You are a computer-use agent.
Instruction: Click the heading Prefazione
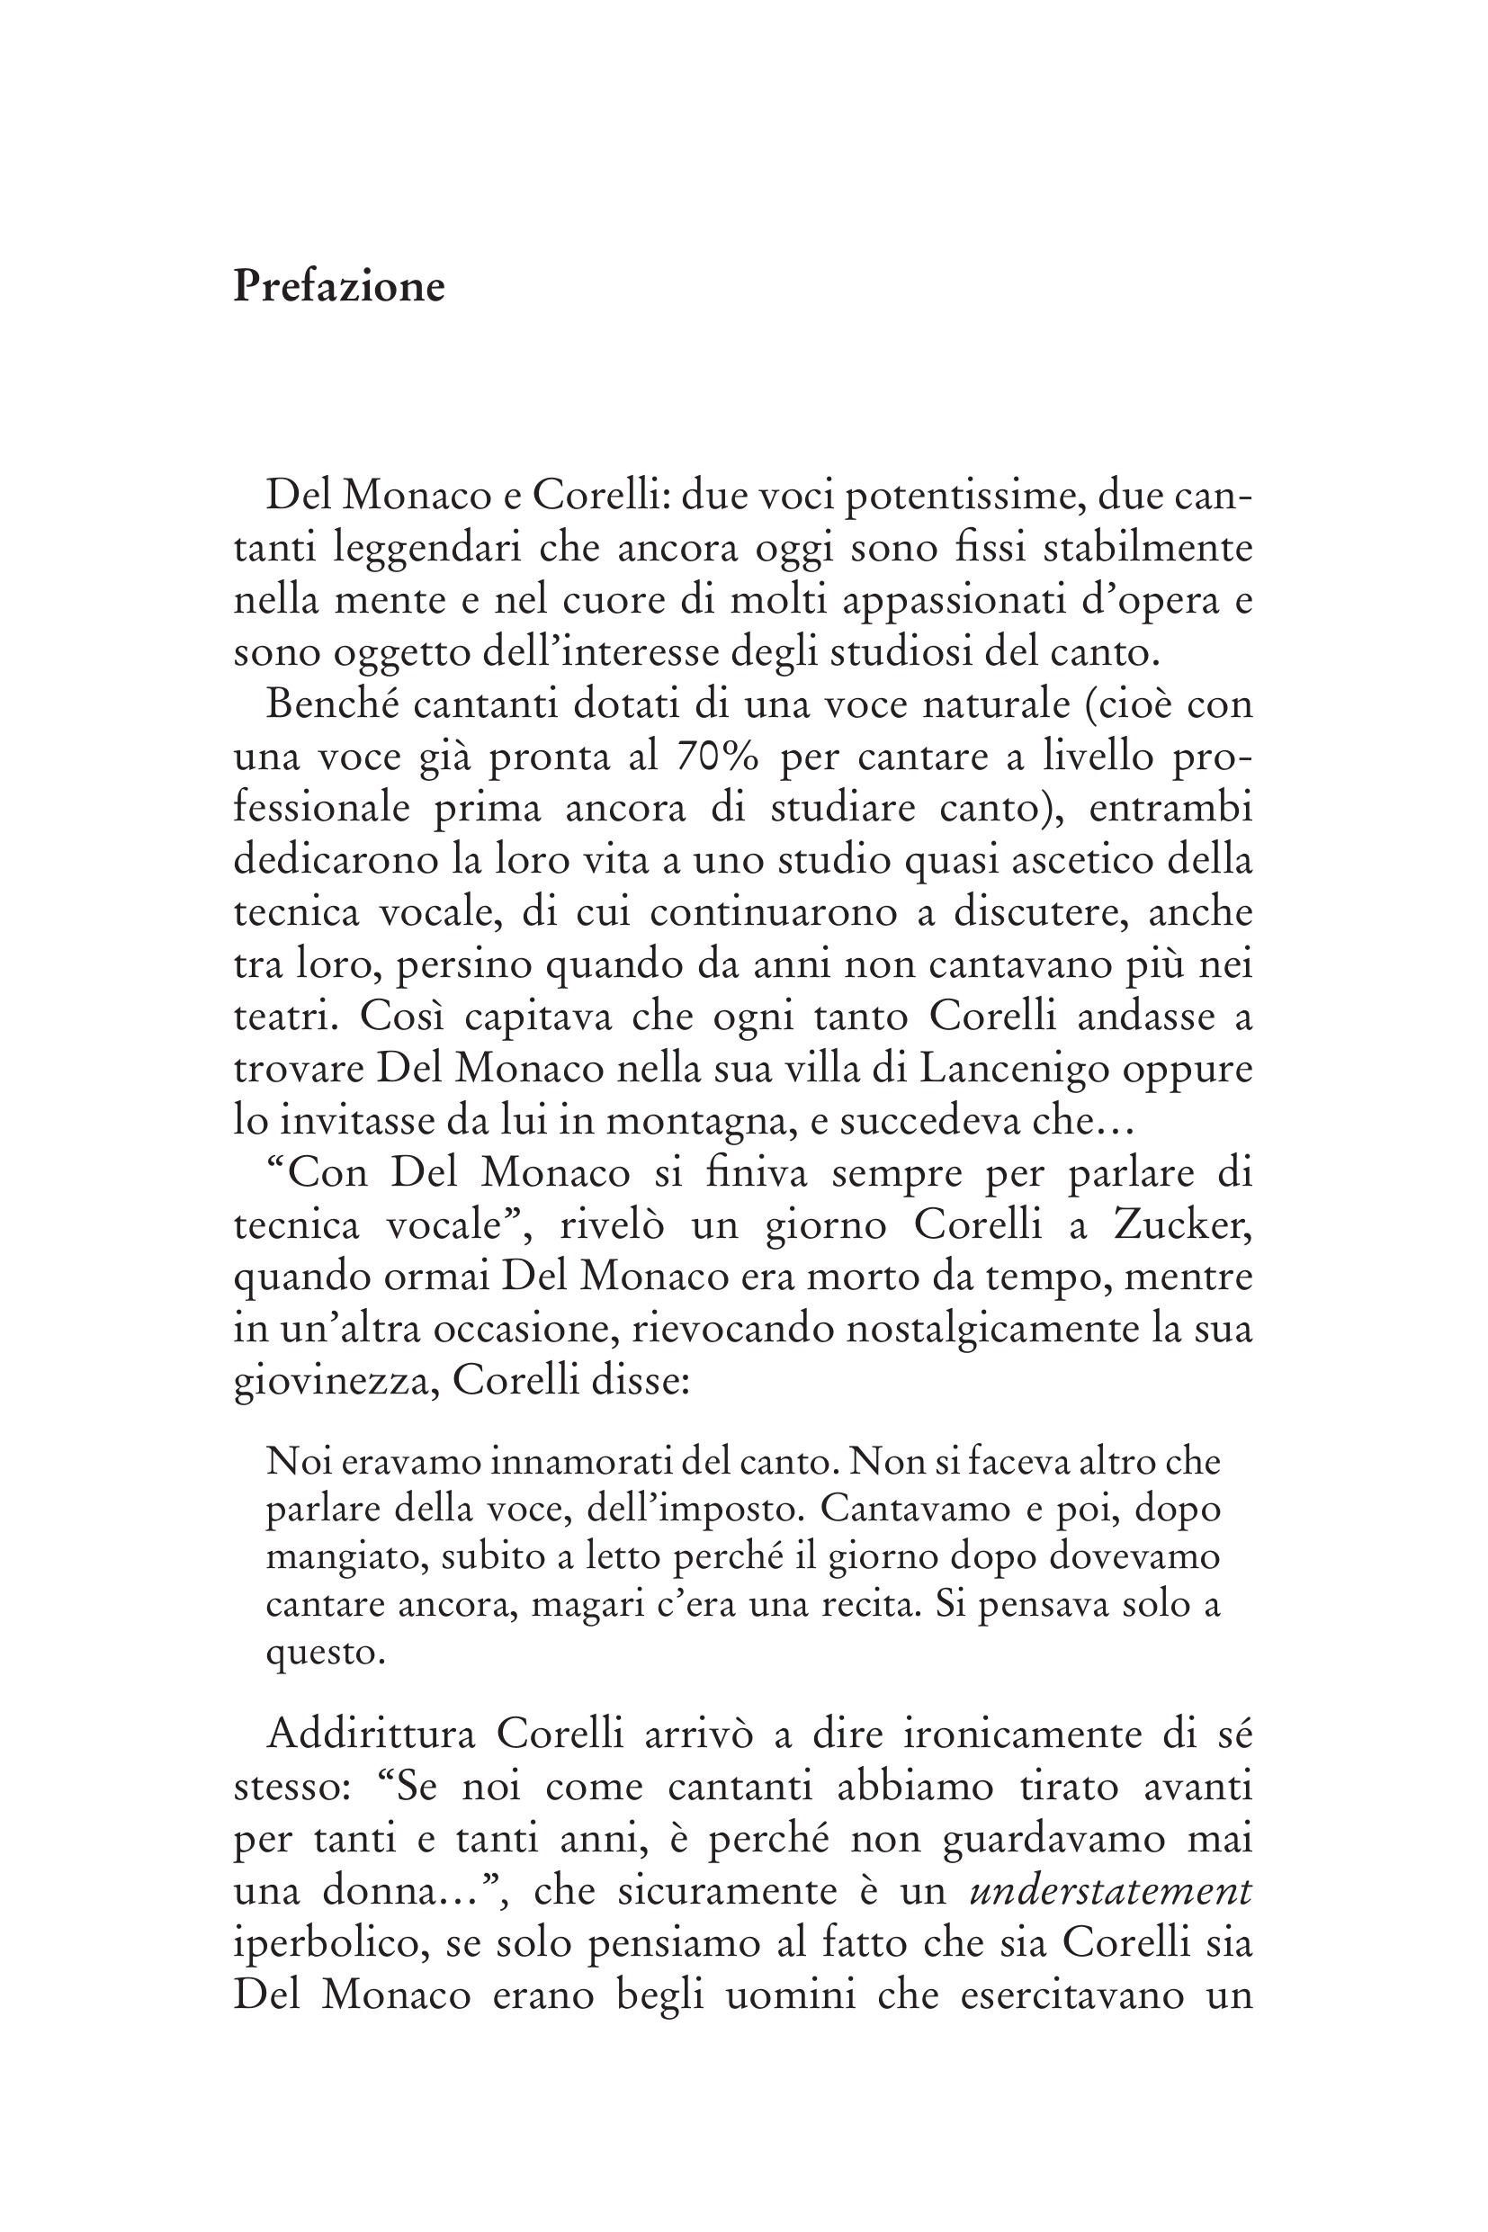click(339, 286)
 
